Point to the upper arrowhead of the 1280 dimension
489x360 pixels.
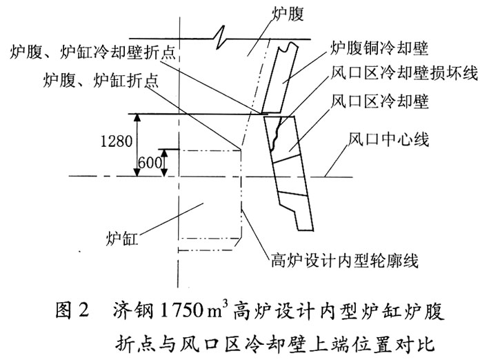[139, 118]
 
